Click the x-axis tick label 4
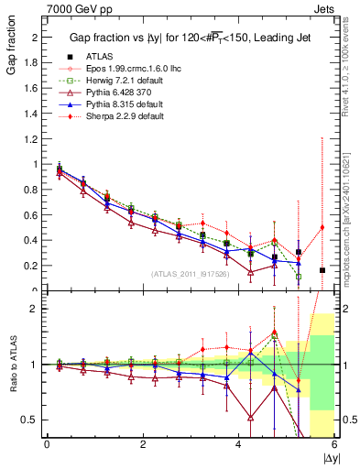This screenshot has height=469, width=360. click(x=239, y=443)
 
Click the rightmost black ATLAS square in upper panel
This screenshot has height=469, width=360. click(x=322, y=270)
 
